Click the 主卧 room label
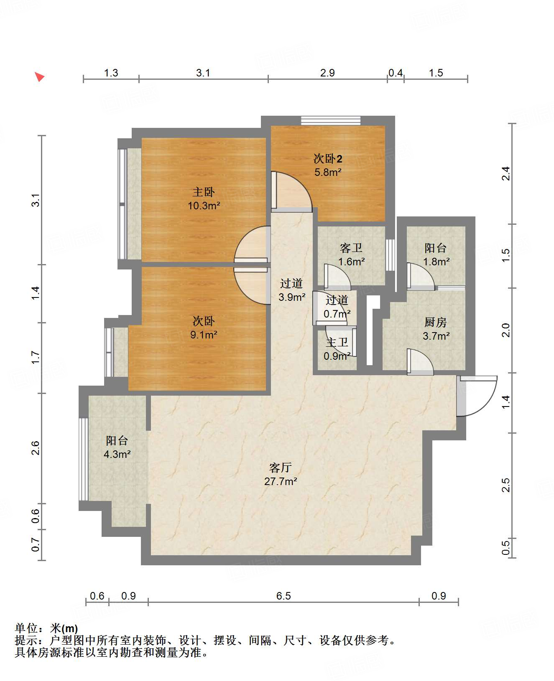point(204,192)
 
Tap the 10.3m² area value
point(204,206)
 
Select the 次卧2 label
point(327,158)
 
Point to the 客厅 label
point(280,468)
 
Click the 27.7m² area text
point(281,481)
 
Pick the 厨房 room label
point(435,322)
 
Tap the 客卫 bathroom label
point(351,248)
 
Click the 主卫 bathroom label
point(337,343)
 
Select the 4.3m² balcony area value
point(117,454)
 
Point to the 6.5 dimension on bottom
point(283,596)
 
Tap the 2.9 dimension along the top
point(327,73)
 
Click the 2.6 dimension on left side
point(35,448)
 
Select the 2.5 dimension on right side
point(505,485)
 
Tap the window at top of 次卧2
point(331,120)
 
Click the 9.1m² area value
point(204,335)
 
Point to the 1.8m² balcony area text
point(436,262)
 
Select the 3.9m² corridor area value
point(292,297)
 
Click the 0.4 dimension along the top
point(396,73)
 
